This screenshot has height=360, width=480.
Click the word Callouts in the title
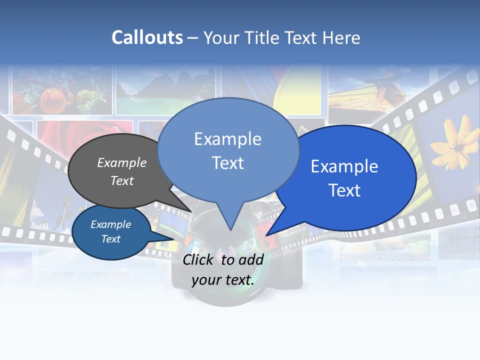[x=147, y=37]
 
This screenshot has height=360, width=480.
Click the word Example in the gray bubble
[x=122, y=162]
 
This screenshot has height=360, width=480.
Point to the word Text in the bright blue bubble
[x=344, y=190]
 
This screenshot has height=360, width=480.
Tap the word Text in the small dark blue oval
[x=111, y=239]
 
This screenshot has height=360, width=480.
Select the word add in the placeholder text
[x=250, y=259]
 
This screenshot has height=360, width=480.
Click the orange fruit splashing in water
[x=51, y=100]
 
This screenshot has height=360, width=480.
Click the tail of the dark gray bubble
[x=190, y=210]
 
